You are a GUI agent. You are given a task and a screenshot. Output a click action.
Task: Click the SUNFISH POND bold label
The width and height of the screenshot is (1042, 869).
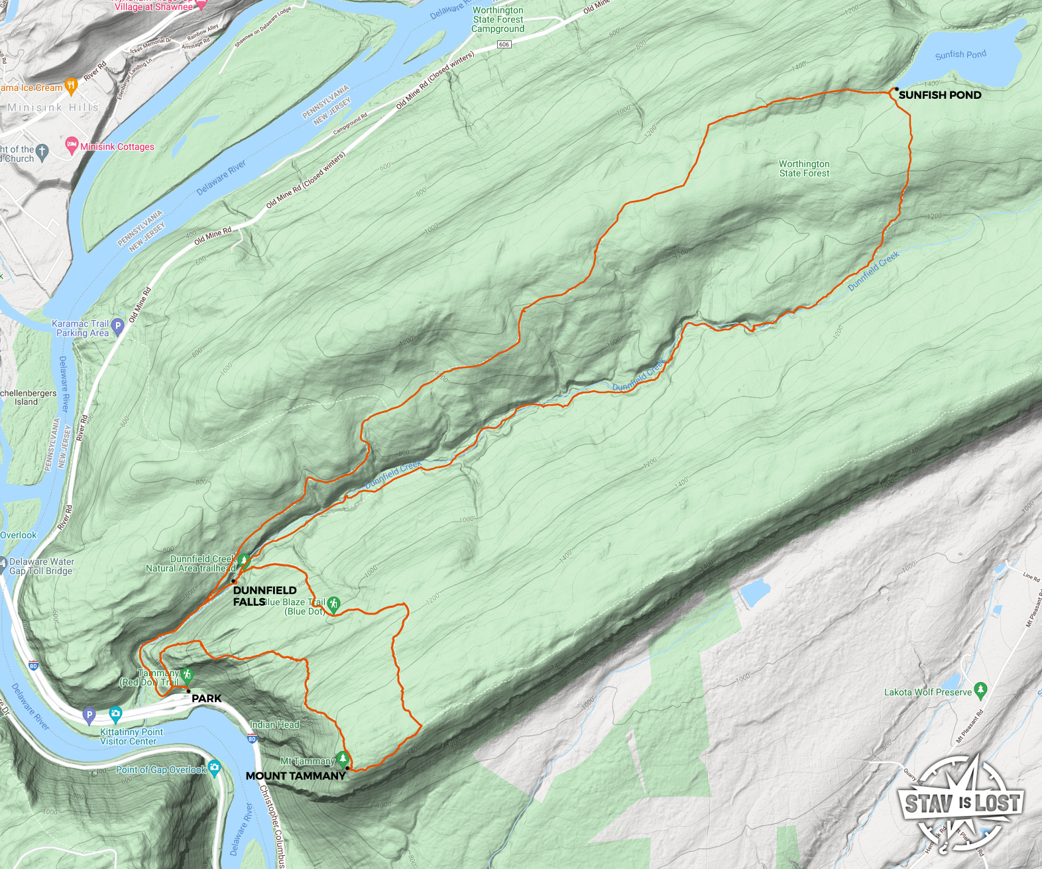point(939,95)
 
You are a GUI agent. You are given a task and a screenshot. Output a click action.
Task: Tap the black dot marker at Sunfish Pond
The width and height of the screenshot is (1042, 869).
point(896,89)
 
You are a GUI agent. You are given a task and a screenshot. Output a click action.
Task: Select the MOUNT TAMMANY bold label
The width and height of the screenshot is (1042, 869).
point(296,776)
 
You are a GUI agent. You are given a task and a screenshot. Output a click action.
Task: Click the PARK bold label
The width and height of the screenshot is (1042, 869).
point(206,698)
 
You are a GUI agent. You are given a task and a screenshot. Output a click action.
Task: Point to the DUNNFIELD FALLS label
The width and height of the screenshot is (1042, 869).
point(264,596)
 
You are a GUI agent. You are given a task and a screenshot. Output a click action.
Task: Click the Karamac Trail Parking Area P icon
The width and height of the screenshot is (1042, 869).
point(117,325)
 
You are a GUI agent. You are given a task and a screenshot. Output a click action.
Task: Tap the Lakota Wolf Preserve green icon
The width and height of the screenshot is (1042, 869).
point(981,690)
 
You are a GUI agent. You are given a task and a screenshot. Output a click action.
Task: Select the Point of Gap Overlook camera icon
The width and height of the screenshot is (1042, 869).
point(214,768)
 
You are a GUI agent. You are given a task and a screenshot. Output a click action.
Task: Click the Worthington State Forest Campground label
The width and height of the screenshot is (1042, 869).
point(498,19)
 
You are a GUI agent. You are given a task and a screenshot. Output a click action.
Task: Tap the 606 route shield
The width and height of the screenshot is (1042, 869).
point(504,44)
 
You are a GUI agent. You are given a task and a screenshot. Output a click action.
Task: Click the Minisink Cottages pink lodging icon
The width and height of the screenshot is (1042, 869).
point(72,145)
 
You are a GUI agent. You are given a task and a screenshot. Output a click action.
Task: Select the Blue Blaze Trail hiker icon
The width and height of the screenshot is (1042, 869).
point(333,604)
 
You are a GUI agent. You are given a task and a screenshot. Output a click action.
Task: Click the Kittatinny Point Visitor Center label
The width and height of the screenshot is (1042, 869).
point(131,736)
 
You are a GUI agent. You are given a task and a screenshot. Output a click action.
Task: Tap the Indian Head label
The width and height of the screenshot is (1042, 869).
point(274,724)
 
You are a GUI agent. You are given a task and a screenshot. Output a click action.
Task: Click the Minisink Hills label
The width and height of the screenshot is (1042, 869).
point(53,107)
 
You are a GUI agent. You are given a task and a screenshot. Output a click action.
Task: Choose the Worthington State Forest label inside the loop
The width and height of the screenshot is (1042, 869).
point(804,168)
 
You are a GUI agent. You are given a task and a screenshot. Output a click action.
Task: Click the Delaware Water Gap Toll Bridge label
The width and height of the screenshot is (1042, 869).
point(40,566)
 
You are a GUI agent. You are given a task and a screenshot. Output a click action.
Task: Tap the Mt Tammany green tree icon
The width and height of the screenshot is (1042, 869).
point(342,758)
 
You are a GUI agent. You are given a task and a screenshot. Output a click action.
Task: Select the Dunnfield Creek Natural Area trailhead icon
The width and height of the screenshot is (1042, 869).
point(244,561)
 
